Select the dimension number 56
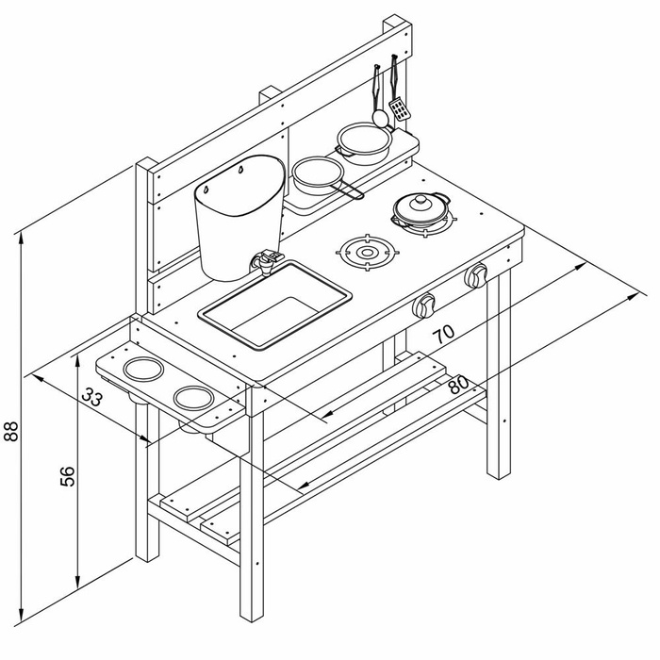[68, 476]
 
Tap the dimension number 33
[91, 397]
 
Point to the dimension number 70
[444, 334]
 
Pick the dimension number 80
[458, 384]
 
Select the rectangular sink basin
[275, 305]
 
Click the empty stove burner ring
[367, 253]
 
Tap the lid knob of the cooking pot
[421, 200]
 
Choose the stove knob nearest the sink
[423, 305]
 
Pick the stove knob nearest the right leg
[476, 275]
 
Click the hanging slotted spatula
[400, 108]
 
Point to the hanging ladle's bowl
[381, 118]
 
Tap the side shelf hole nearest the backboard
[143, 370]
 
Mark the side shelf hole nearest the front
[194, 398]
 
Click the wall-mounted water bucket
[239, 218]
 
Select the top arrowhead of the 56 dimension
[77, 367]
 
